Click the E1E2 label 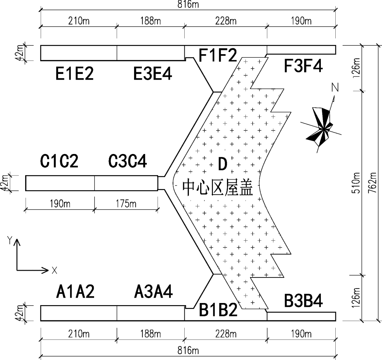tap(75, 74)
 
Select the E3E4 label tap(153, 74)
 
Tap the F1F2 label tap(218, 56)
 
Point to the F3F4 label tap(303, 66)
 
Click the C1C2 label tap(59, 161)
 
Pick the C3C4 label tap(128, 161)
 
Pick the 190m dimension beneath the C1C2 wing tap(59, 204)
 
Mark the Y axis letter tap(10, 240)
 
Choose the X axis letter tap(54, 270)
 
